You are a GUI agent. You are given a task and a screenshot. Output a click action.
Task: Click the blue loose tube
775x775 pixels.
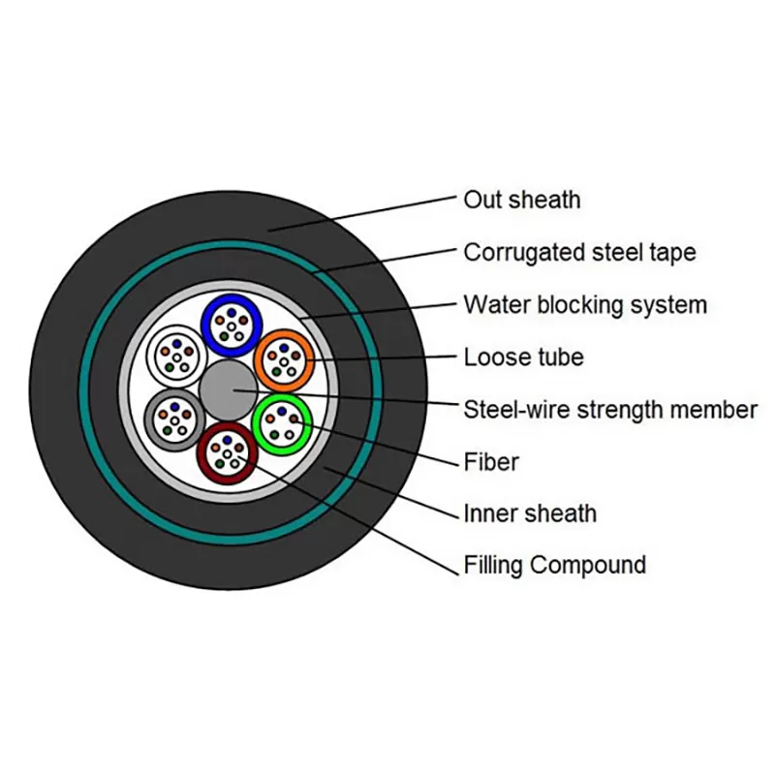coord(232,323)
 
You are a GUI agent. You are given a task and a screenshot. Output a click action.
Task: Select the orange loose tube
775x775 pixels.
coord(283,359)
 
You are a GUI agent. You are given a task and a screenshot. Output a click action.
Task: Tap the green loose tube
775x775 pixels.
coord(282,421)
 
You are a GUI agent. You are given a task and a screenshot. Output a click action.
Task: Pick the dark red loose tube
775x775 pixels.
coord(227,454)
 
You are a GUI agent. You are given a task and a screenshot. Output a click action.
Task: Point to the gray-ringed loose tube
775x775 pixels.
coord(173,419)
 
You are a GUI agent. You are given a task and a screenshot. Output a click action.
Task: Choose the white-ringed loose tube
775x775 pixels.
coord(175,355)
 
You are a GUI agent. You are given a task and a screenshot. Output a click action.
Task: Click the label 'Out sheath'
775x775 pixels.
coord(521,200)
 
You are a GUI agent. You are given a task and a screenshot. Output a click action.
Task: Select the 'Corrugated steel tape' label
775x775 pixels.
coord(579,253)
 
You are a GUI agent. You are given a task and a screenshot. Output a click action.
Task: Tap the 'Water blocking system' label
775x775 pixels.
coord(585,305)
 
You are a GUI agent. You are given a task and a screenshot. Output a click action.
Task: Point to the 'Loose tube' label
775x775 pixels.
coord(523,357)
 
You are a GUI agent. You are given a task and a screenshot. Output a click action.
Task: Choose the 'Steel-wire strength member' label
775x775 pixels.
coord(609,410)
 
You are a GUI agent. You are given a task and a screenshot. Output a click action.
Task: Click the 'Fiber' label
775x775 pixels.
coord(491,462)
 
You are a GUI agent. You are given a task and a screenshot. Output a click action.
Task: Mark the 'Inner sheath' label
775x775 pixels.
coord(530,513)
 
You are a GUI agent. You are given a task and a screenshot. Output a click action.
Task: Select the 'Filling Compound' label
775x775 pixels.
coord(554,565)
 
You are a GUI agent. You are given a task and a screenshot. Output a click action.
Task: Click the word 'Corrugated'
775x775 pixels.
coord(523,253)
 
